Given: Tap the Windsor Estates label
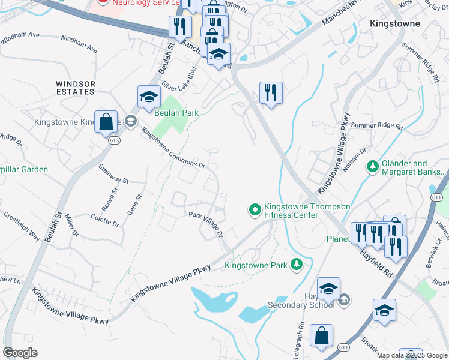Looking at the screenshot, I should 76,88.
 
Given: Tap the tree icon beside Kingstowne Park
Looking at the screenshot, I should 296,264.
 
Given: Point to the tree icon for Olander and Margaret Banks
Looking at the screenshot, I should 372,165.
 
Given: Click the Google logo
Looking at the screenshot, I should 20,353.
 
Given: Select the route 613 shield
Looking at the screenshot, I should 113,140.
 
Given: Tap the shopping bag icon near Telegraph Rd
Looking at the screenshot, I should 321,336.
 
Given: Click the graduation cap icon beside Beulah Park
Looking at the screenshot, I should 148,96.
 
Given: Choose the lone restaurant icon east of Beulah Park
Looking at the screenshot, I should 271,92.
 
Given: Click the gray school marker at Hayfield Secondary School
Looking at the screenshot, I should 343,299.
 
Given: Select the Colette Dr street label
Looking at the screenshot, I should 105,220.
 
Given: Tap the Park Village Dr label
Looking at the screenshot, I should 206,221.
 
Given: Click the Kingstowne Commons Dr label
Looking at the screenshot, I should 173,148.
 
